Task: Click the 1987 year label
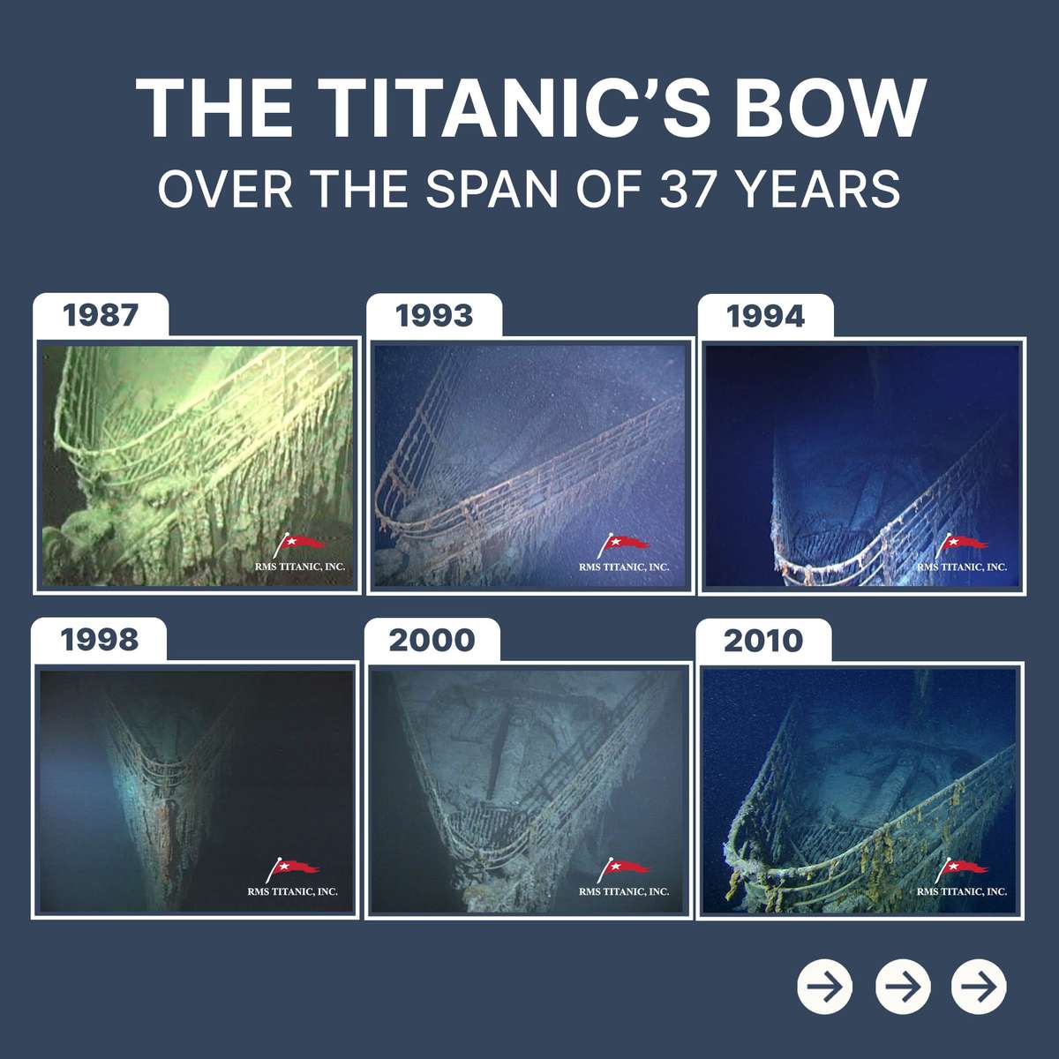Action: point(100,315)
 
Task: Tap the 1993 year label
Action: point(434,316)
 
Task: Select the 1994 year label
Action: point(765,317)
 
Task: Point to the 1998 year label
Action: point(99,640)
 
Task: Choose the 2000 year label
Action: point(432,640)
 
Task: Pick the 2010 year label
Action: point(763,641)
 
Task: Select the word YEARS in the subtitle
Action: point(819,189)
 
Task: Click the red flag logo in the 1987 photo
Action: point(298,545)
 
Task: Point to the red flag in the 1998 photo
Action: point(291,869)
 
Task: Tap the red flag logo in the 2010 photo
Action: point(961,869)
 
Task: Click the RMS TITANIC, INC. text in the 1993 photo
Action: point(624,567)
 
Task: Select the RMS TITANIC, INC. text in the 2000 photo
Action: point(624,891)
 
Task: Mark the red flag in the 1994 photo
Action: point(961,545)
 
